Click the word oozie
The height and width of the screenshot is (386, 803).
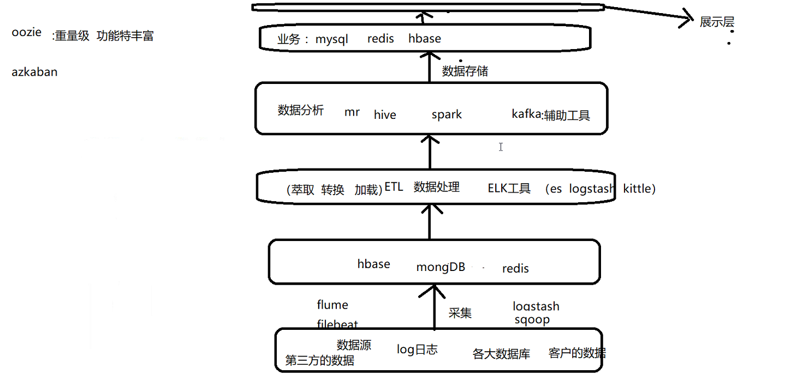[26, 32]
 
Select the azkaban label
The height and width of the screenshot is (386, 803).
[34, 72]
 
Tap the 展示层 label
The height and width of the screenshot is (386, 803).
[717, 22]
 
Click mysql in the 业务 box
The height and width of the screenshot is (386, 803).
[331, 39]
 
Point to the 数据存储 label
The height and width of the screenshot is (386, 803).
[465, 71]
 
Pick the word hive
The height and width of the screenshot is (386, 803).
[385, 115]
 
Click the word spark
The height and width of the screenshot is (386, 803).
[447, 114]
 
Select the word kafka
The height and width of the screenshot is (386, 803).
[526, 114]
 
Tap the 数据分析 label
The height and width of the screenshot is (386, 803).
[300, 111]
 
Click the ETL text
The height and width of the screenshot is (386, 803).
[394, 187]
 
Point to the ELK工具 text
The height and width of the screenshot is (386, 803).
[509, 189]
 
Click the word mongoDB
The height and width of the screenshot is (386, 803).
[441, 267]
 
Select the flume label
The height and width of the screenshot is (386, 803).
[332, 305]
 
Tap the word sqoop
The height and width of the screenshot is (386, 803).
[532, 319]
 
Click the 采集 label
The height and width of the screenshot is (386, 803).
[460, 313]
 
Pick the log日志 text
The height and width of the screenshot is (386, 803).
[417, 350]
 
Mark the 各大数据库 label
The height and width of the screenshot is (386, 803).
[501, 354]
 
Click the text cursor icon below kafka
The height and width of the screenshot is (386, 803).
[501, 147]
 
